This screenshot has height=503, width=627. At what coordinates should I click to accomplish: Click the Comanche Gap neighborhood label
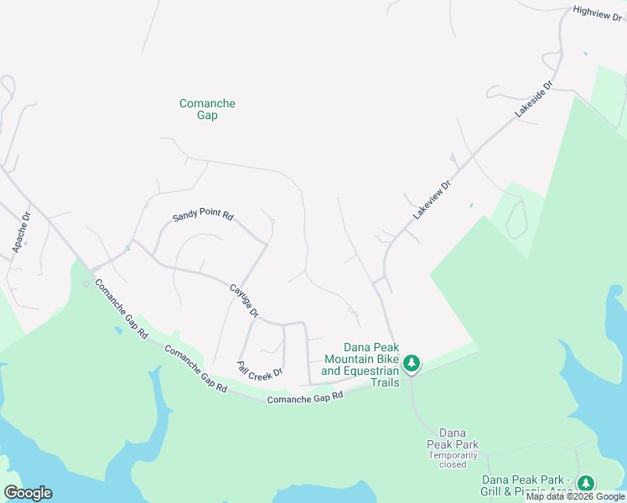click(x=207, y=109)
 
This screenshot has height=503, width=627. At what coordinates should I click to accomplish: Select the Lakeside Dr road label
click(x=536, y=100)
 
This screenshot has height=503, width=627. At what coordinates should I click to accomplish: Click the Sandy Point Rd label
click(x=202, y=216)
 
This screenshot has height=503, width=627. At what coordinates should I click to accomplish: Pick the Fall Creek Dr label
click(x=260, y=369)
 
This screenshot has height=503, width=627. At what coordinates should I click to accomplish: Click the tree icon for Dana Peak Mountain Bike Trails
click(x=411, y=363)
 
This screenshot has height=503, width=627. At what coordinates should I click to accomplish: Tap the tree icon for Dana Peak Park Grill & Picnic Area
click(x=585, y=483)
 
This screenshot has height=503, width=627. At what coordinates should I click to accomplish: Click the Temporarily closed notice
click(x=453, y=459)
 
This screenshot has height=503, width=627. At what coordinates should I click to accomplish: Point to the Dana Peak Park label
click(x=452, y=437)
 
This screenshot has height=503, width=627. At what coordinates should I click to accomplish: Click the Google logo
click(x=28, y=493)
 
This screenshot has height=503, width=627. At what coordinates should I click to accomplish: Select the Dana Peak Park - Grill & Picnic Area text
click(x=527, y=485)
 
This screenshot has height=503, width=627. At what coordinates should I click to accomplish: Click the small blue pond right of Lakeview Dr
click(x=471, y=205)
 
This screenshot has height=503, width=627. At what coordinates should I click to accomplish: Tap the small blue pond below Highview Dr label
click(x=585, y=54)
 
